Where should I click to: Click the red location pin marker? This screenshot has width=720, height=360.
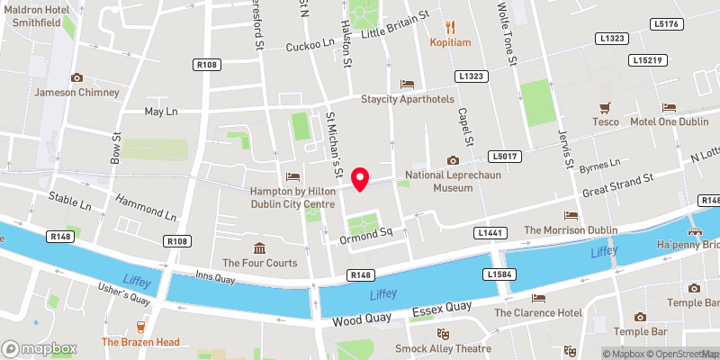361,179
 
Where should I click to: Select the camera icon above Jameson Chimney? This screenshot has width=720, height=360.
76,78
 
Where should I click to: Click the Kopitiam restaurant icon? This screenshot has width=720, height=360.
451,27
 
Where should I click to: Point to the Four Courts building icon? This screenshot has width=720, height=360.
259,248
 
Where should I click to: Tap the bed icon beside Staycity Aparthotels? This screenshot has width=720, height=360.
407,85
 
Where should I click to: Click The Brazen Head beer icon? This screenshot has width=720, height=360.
139,327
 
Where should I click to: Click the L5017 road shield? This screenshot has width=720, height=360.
506,156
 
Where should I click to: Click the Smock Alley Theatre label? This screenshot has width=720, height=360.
444,348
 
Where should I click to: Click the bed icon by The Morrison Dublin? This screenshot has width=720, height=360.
571,215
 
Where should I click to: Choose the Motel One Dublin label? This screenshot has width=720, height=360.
669,121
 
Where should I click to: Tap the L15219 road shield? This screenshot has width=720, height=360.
647,59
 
